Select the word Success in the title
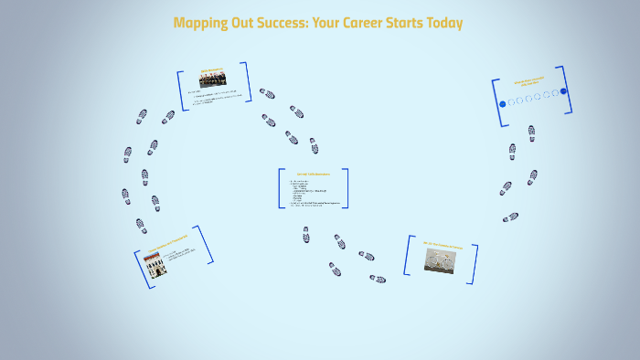coord(275,23)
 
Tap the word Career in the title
coord(366,23)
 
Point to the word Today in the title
coord(443,23)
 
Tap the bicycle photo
coord(441,259)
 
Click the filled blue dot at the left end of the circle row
coord(502,103)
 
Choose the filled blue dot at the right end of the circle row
coord(563,90)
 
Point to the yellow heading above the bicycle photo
coord(443,245)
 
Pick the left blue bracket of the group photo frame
coord(182,90)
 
